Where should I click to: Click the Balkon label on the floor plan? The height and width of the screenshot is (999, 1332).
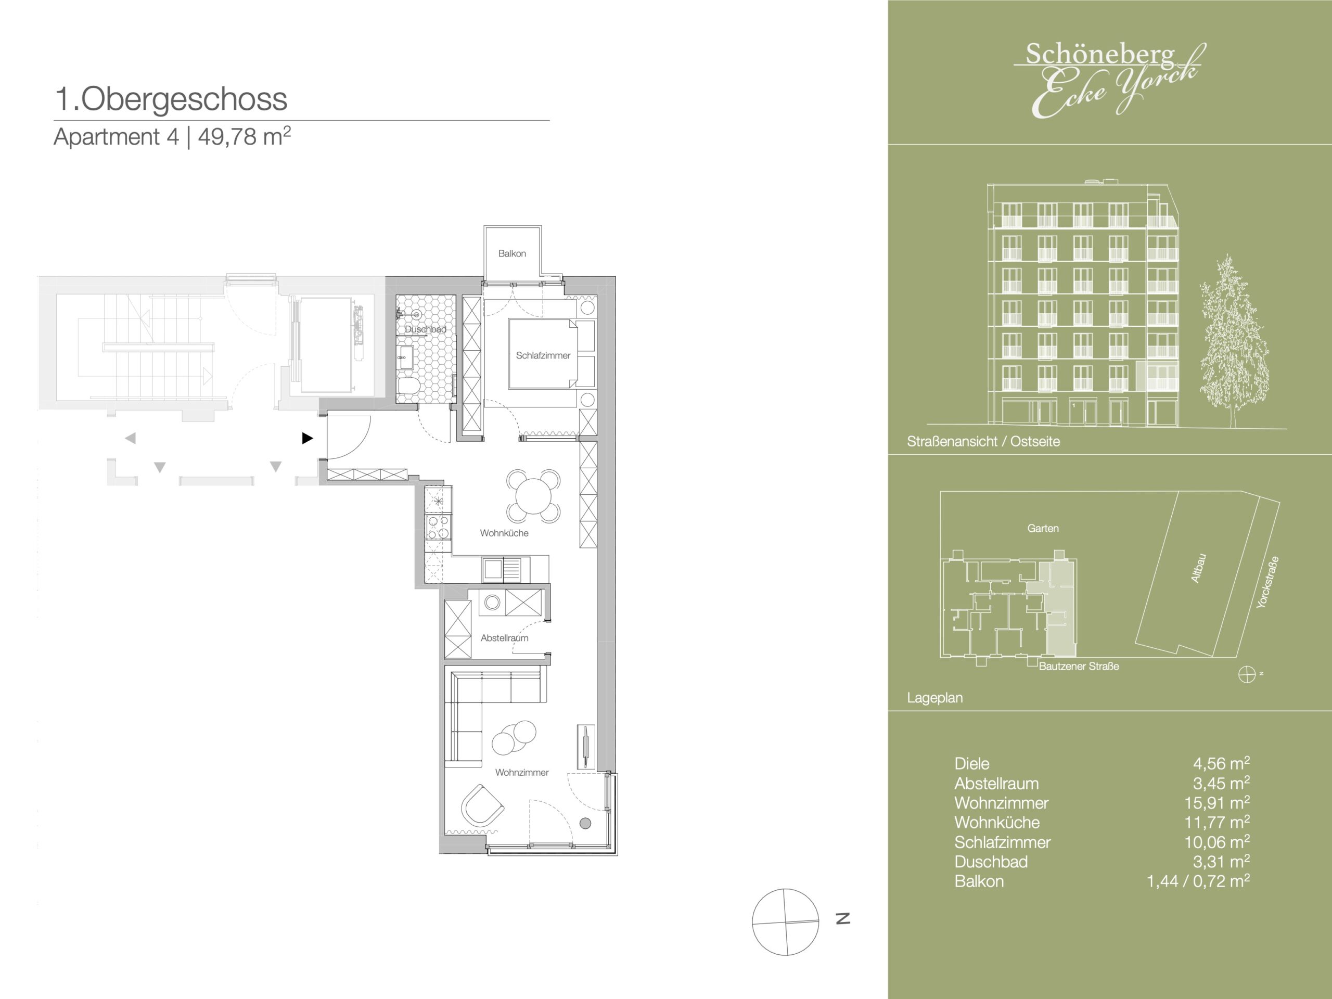(x=512, y=253)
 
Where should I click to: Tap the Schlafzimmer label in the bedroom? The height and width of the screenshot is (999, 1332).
(x=543, y=355)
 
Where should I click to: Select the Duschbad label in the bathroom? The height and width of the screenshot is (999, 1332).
(x=425, y=329)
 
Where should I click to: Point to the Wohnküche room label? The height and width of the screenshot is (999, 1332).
(x=504, y=533)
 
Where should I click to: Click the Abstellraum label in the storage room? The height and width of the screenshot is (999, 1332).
(x=505, y=638)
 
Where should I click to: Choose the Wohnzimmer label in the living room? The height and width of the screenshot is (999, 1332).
(x=522, y=773)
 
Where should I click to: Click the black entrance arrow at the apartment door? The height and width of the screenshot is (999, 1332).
(x=307, y=439)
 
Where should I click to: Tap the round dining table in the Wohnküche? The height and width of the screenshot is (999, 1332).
(x=533, y=495)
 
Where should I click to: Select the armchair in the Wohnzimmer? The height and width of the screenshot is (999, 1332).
(x=482, y=805)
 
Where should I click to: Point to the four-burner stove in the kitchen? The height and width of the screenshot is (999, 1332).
(x=438, y=527)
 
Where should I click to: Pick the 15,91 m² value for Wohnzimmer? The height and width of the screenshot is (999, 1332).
(x=1217, y=803)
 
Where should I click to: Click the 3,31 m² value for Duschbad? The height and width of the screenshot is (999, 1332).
(x=1221, y=861)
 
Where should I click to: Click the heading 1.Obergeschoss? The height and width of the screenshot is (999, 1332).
(x=171, y=99)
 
